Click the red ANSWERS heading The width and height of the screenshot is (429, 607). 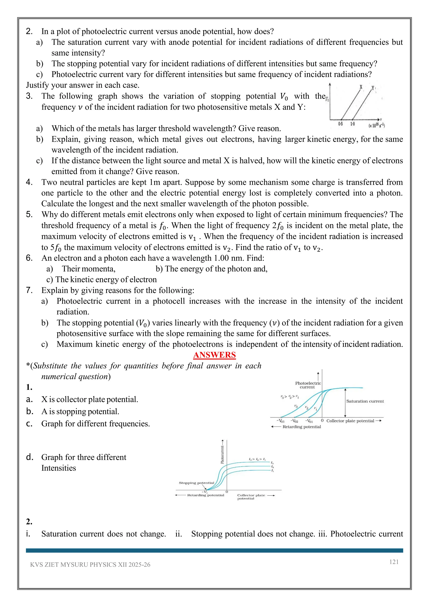(214, 355)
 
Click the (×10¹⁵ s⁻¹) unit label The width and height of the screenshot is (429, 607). (377, 125)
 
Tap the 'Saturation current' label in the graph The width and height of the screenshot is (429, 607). (365, 401)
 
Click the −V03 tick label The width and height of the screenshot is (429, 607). (280, 421)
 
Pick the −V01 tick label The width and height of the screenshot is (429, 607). (309, 421)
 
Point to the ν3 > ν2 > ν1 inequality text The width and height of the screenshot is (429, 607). (289, 397)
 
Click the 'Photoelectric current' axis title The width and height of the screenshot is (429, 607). (308, 385)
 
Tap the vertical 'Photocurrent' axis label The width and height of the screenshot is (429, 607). (222, 454)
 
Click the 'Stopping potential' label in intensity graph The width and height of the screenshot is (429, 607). (196, 483)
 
